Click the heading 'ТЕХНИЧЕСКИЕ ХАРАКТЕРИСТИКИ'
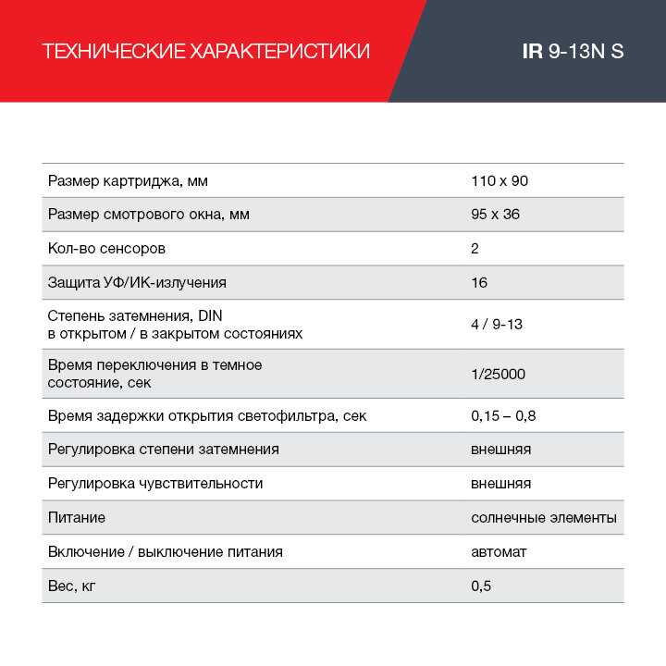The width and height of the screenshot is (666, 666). point(206,51)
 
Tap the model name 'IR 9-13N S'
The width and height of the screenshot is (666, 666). point(573,51)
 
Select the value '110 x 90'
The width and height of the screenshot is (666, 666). point(499,180)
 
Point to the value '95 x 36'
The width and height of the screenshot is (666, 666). point(496,215)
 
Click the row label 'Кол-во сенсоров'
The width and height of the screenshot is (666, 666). point(106,249)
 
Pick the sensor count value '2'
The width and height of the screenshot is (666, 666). point(475,249)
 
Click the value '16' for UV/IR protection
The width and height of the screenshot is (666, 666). point(479,283)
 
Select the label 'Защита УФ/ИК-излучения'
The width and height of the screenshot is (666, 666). point(137,283)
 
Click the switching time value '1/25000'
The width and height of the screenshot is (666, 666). point(499,374)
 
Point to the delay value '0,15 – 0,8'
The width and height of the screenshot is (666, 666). point(503,416)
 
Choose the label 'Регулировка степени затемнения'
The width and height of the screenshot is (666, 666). point(163,450)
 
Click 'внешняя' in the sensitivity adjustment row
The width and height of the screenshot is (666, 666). point(500,484)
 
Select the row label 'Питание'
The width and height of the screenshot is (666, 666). point(76,518)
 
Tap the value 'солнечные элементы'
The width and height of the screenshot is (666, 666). point(543,518)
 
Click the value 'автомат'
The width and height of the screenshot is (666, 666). point(499,552)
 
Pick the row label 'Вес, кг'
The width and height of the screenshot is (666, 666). point(71,586)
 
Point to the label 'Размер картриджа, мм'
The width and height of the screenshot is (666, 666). point(134,180)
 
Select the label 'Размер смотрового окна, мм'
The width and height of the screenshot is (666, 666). point(148,215)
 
